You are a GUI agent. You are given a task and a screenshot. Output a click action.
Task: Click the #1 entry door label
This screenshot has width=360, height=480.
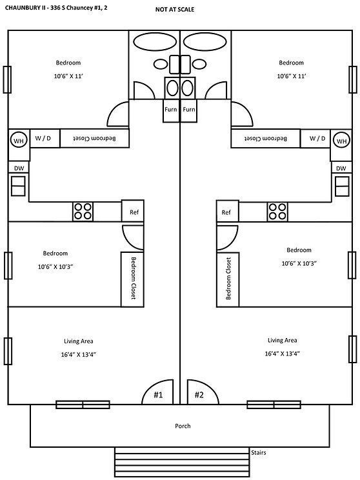click(x=158, y=395)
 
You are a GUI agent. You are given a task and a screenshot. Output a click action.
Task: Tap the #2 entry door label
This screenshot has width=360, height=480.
click(x=199, y=395)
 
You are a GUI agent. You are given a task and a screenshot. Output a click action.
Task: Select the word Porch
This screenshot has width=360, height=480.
click(x=183, y=426)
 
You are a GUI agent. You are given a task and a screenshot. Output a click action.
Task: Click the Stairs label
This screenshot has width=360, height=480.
click(x=258, y=453)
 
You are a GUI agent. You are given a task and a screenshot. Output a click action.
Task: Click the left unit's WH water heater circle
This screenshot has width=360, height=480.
click(x=18, y=139)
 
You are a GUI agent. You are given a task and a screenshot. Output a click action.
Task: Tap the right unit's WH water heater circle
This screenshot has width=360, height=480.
click(x=341, y=139)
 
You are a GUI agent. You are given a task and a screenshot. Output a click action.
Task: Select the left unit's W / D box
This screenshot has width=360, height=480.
click(x=45, y=138)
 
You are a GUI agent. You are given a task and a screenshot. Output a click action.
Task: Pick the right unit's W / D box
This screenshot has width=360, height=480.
click(x=317, y=138)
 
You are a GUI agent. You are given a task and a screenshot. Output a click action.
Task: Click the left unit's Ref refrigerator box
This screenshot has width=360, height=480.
click(x=134, y=212)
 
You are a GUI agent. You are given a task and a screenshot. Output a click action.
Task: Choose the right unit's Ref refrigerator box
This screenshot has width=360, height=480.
click(x=226, y=212)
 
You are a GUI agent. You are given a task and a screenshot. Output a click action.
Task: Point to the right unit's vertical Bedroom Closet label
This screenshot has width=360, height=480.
click(x=228, y=279)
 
